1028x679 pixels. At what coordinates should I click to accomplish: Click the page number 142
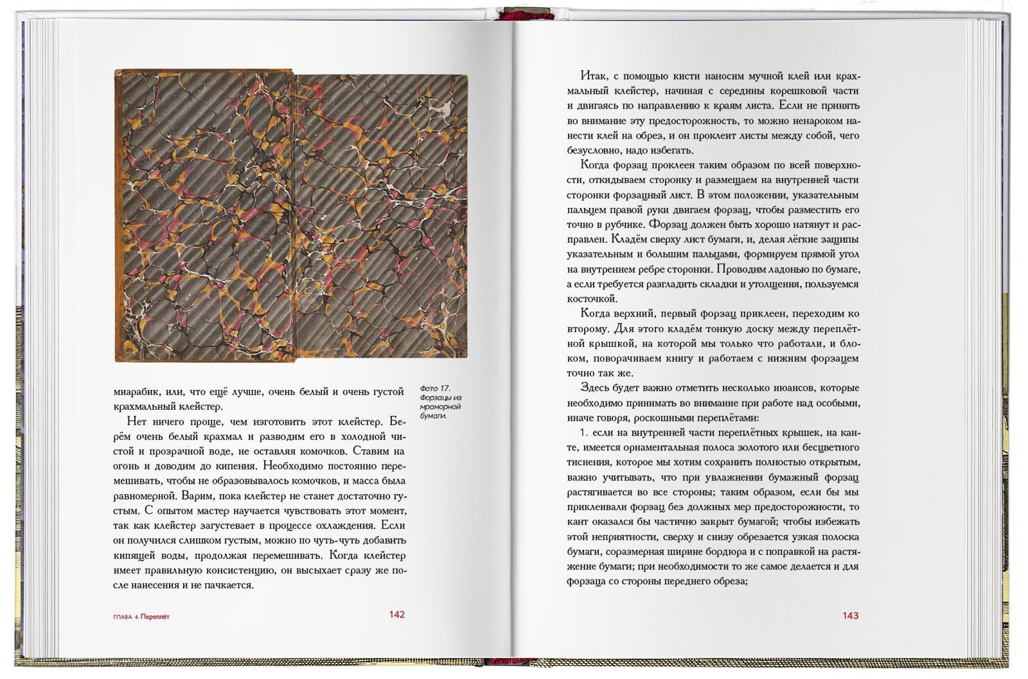coord(396,615)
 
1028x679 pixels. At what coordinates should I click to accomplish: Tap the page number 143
coord(850,615)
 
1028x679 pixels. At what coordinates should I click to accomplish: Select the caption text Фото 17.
coord(436,389)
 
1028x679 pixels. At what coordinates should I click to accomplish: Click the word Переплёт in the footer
coord(155,617)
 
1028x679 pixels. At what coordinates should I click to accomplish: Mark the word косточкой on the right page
coord(592,299)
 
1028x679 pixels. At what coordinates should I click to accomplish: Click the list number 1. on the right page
coord(585,432)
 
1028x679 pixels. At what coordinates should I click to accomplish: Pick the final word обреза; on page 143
coord(730,581)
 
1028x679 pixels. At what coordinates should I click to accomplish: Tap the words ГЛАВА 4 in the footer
coord(126,617)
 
